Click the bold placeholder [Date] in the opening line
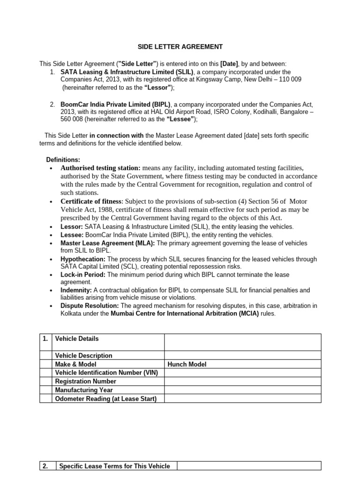[229, 64]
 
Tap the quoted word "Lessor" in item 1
[157, 88]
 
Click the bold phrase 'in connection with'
[117, 135]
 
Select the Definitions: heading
[63, 160]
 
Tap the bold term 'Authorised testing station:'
[100, 168]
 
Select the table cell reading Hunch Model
[187, 364]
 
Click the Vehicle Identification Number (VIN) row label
[106, 373]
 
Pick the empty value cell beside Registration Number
[242, 382]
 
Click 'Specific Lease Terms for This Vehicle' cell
[115, 466]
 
